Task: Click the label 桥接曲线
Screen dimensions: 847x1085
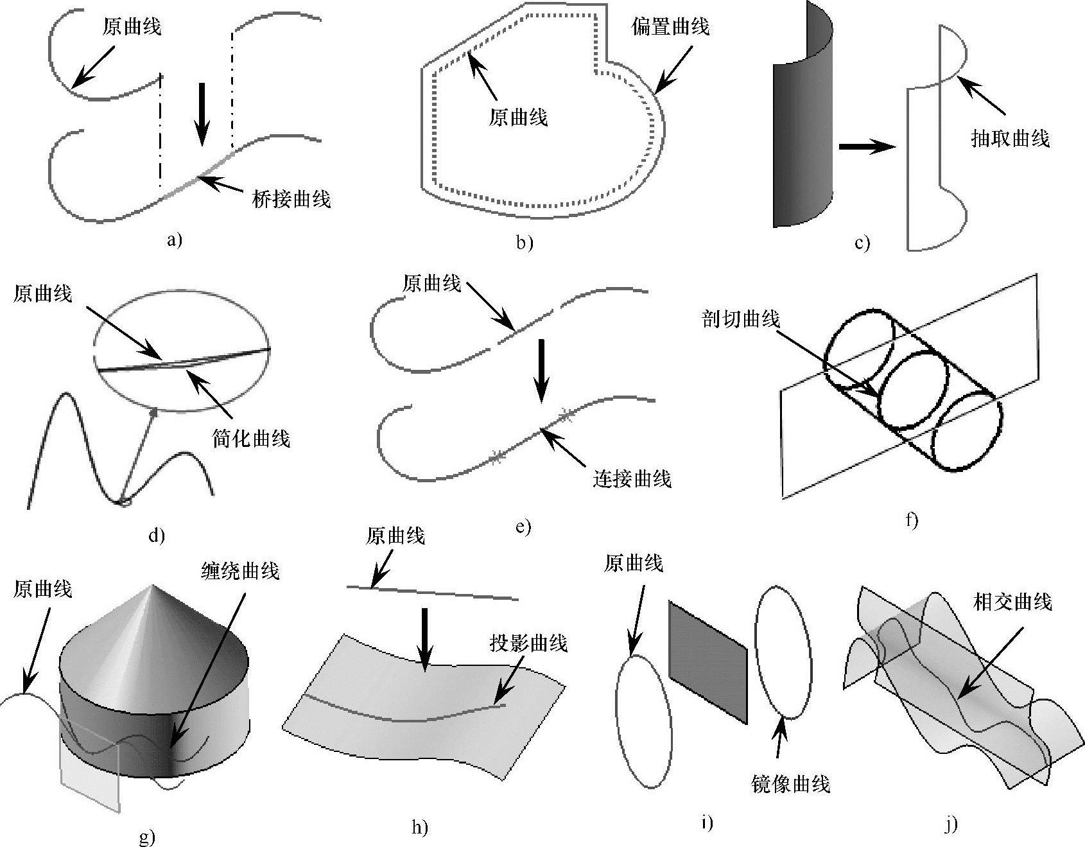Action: pos(291,200)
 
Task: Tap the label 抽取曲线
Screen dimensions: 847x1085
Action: pos(1010,139)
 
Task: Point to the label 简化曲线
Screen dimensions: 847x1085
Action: pos(251,439)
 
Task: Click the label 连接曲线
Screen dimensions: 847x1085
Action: pos(632,479)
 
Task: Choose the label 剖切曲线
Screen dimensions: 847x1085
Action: pos(741,319)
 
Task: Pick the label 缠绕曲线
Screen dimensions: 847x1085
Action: pos(240,571)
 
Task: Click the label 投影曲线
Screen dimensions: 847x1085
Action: pos(528,643)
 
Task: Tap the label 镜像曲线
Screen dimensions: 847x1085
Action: pos(790,784)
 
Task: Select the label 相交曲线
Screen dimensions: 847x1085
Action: pos(1012,602)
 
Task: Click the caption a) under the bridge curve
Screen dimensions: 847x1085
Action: pos(175,240)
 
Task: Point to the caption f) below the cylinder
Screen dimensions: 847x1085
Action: pos(912,520)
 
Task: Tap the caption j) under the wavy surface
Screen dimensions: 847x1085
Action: pos(951,825)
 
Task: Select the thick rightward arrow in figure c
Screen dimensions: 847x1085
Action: pos(866,148)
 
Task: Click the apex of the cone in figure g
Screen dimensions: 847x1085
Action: pos(152,586)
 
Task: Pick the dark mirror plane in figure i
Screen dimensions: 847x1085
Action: pos(708,661)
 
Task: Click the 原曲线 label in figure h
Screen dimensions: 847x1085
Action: pos(395,536)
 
